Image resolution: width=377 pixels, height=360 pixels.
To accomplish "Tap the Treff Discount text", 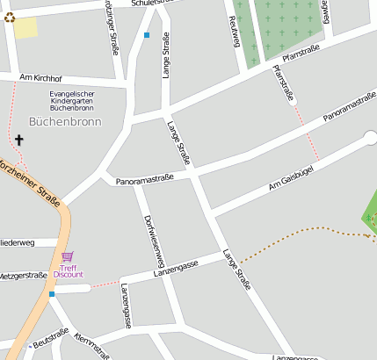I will pos(68,270).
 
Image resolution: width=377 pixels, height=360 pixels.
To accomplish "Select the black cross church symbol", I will pos(19,140).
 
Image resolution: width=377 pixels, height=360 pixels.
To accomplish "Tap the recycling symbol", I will pos(9,17).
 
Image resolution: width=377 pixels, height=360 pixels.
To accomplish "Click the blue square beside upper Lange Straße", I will pos(147,35).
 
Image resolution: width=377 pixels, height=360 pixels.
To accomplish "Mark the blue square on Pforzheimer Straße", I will pos(52,294).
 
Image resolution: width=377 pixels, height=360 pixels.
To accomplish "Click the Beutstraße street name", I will pos(50,335).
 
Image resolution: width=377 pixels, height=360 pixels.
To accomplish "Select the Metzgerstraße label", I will pos(23,275).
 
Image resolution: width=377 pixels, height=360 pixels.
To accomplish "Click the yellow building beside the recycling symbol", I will pos(25,28).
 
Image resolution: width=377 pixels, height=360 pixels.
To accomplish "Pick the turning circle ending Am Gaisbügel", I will pos(370,137).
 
